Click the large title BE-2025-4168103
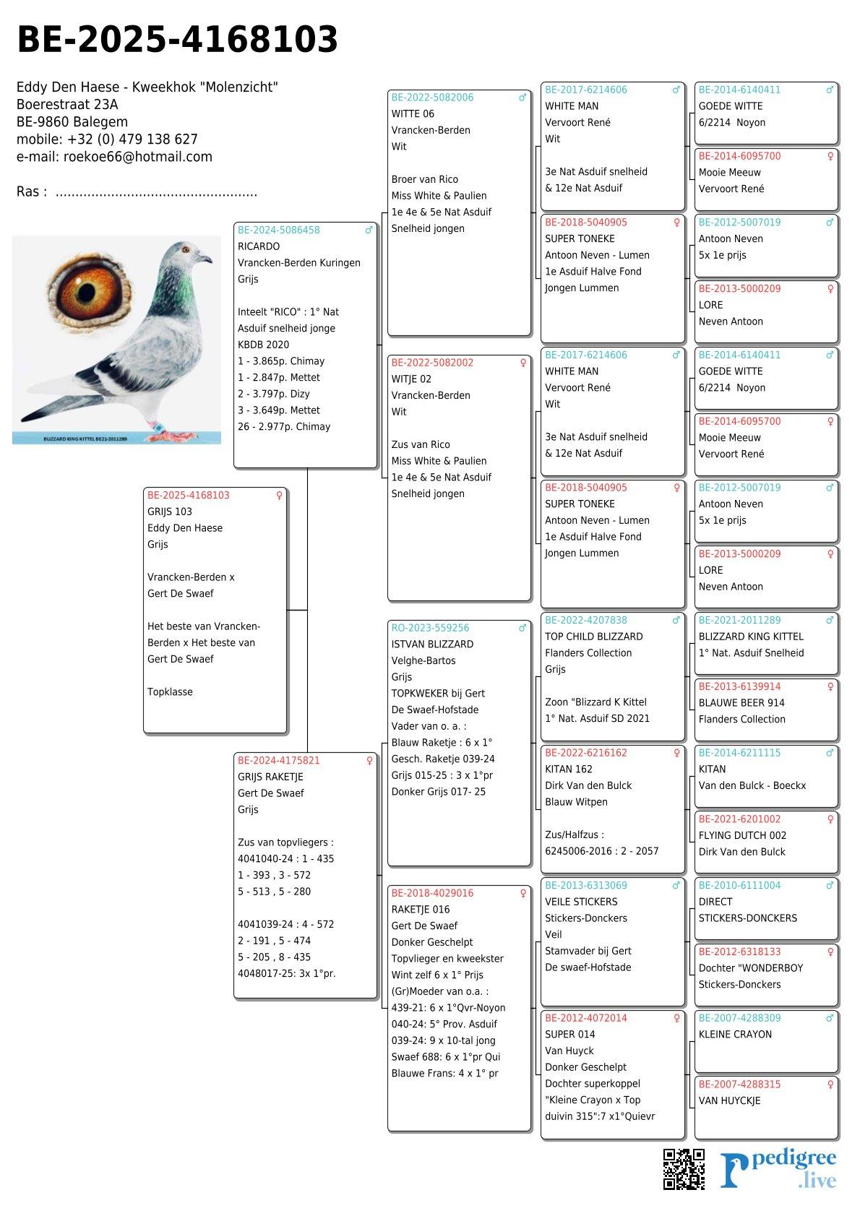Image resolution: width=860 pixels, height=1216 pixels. click(177, 40)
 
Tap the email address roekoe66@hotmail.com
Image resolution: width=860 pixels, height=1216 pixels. click(137, 157)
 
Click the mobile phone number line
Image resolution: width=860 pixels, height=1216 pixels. click(107, 139)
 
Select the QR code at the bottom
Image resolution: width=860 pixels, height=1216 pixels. click(684, 1168)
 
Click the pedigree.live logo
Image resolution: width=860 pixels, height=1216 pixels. click(778, 1170)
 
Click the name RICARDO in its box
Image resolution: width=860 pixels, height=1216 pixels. click(259, 246)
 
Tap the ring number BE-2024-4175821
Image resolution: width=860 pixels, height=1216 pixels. click(278, 760)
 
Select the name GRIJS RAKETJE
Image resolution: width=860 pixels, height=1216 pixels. click(270, 777)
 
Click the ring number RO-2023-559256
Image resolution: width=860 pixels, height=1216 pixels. click(430, 628)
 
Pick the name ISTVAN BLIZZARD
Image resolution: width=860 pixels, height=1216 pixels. click(432, 644)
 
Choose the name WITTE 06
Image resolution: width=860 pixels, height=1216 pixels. click(413, 114)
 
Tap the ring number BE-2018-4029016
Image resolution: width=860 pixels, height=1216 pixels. click(432, 893)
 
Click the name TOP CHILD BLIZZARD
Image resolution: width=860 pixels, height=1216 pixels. click(593, 637)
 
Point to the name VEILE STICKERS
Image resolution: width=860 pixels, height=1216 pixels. click(581, 902)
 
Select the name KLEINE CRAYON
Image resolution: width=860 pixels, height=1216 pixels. click(735, 1035)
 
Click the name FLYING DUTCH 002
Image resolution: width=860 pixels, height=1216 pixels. click(742, 835)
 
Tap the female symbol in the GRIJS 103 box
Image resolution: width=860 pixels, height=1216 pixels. click(279, 496)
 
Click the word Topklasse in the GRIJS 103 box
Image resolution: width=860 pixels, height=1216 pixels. click(170, 692)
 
